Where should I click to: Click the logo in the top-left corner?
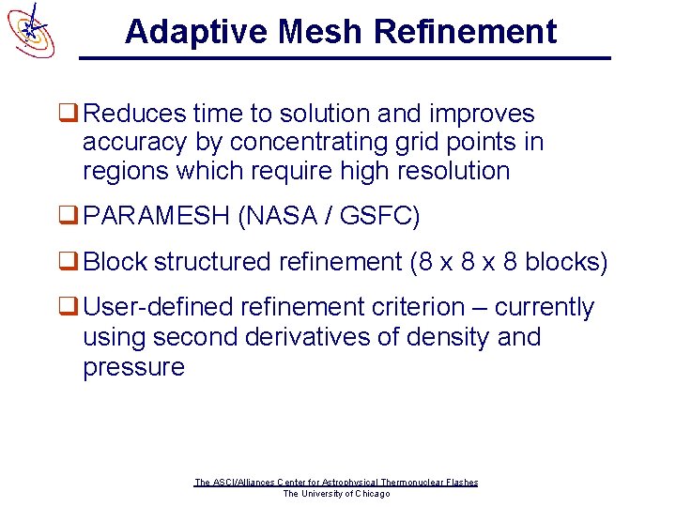tap(30, 30)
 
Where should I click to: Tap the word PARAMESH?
tap(156, 217)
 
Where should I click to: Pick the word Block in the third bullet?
tap(115, 262)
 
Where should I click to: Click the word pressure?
tap(134, 367)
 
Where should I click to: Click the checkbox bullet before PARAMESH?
tap(68, 217)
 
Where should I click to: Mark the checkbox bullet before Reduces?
tap(68, 115)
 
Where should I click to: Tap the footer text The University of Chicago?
tap(336, 494)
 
